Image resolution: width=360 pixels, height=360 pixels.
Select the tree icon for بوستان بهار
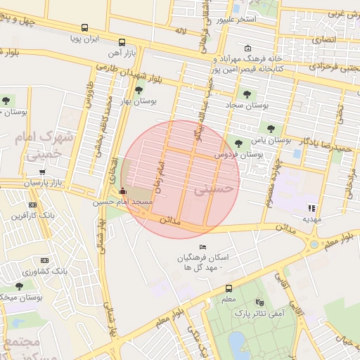(x=139, y=89)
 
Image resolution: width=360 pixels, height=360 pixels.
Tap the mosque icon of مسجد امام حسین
(x=124, y=191)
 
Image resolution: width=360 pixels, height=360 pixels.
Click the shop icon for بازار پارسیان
(x=43, y=172)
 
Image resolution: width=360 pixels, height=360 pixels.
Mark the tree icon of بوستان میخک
(x=19, y=286)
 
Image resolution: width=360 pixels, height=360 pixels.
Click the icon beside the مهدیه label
(x=311, y=207)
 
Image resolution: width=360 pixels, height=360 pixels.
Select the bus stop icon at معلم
(x=229, y=288)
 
